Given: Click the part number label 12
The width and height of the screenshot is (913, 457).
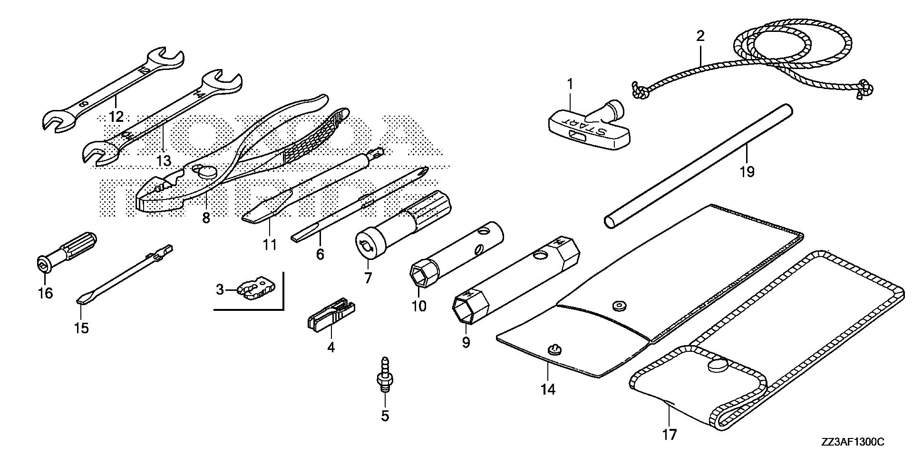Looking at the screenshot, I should tap(116, 116).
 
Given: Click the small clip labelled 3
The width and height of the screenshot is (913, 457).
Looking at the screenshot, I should tap(257, 291).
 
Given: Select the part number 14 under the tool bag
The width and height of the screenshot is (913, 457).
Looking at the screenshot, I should tap(547, 389).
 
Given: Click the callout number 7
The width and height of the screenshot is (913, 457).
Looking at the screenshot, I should tap(368, 278).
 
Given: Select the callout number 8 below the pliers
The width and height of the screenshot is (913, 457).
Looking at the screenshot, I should tap(205, 218).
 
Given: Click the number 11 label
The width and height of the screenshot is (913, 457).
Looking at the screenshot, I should tap(270, 245).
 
